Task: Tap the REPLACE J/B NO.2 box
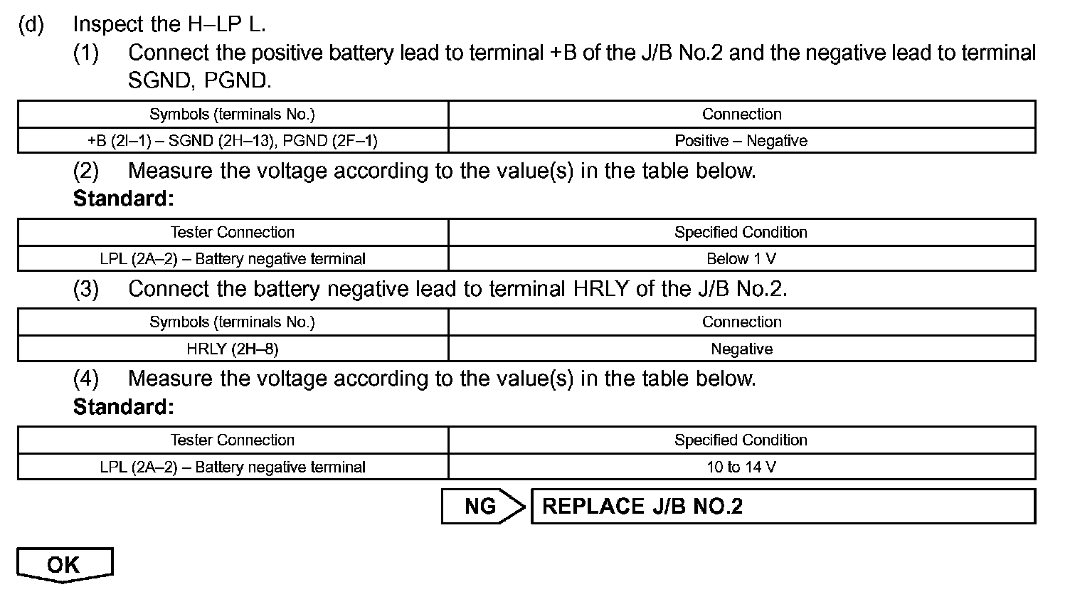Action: click(x=783, y=506)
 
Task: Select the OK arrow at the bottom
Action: click(x=64, y=565)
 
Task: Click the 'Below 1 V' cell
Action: click(x=741, y=259)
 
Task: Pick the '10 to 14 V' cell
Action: click(x=741, y=467)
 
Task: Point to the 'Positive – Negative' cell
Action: click(x=741, y=141)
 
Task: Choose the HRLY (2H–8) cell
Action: click(x=233, y=349)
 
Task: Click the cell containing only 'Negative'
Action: click(x=741, y=349)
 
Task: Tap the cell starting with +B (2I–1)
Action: click(x=233, y=141)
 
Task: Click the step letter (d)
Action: click(x=31, y=24)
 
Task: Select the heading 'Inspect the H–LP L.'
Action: click(x=169, y=24)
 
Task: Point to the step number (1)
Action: click(x=86, y=53)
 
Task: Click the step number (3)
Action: click(x=86, y=289)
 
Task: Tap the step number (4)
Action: click(x=86, y=378)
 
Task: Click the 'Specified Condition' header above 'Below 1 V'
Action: click(x=741, y=232)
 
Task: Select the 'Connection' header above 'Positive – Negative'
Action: click(x=741, y=114)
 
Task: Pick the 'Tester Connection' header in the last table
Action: click(x=233, y=440)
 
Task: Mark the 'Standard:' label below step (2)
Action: click(x=124, y=199)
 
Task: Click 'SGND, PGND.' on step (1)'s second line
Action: click(x=200, y=80)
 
